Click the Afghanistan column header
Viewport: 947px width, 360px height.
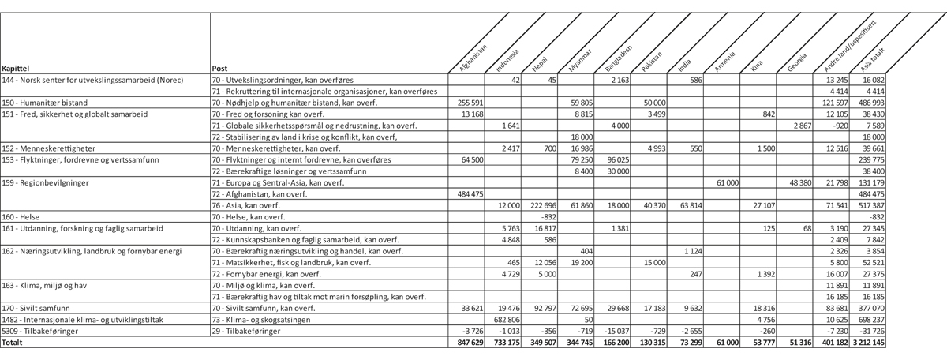474,57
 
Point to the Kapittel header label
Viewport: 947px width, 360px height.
17,69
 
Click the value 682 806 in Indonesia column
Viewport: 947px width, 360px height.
506,321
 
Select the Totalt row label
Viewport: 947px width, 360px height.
13,344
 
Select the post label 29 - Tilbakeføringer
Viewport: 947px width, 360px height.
247,332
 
